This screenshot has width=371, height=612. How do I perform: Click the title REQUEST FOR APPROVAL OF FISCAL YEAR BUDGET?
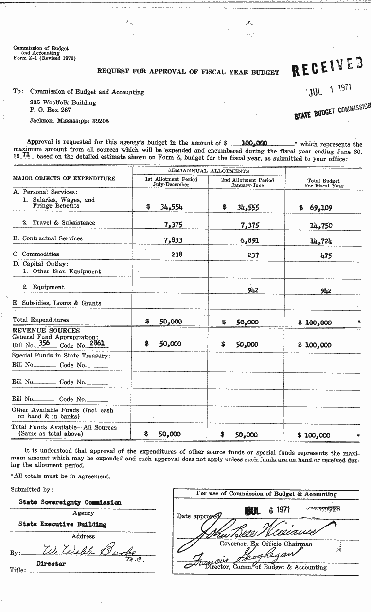(188, 72)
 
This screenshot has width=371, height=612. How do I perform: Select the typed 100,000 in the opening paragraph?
(254, 143)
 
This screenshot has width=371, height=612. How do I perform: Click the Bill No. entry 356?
(46, 343)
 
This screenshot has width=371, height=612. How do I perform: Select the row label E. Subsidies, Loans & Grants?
(56, 303)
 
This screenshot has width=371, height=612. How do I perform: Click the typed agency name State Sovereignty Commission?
(70, 502)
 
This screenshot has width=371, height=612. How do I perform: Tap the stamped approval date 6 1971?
(267, 510)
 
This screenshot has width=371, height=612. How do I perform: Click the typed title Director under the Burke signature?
(52, 564)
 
